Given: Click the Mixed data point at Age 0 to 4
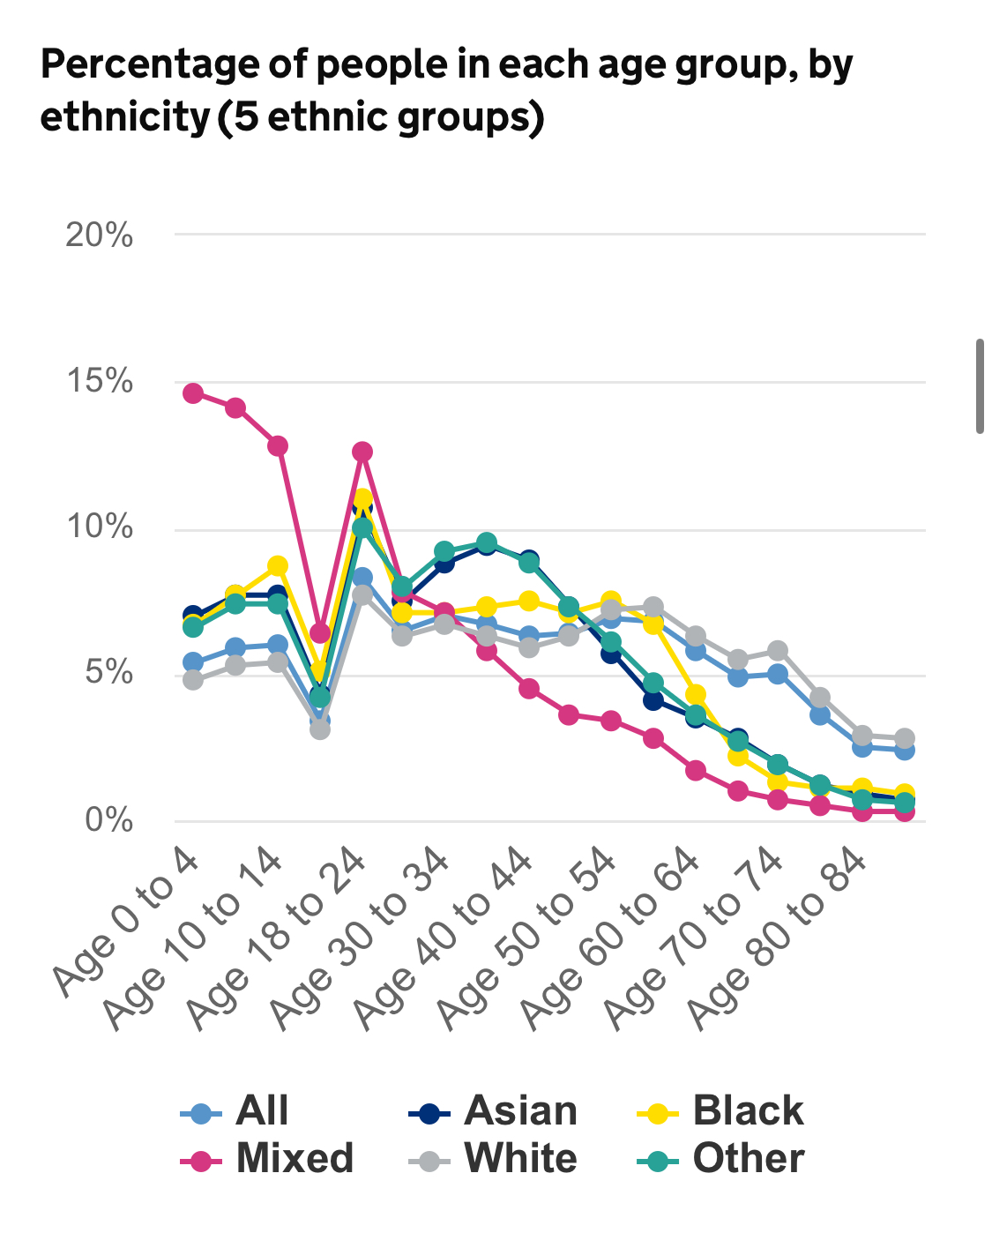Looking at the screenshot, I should (x=193, y=393).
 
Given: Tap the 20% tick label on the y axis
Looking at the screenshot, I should (x=100, y=235).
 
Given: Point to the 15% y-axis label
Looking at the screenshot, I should (x=100, y=383).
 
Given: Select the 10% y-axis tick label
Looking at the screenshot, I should (x=100, y=528).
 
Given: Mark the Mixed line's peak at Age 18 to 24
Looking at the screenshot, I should (x=362, y=452).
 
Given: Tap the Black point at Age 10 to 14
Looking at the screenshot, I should (x=278, y=565).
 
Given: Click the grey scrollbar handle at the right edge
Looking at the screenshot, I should (x=979, y=385).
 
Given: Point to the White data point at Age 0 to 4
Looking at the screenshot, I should (x=193, y=680).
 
